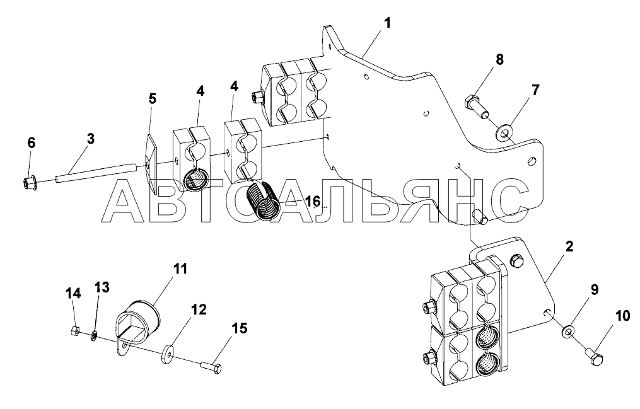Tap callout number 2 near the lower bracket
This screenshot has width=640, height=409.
tap(569, 246)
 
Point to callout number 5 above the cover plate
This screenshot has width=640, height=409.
tap(152, 99)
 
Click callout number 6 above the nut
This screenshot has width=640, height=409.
tap(31, 144)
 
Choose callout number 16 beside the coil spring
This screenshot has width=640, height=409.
tap(313, 201)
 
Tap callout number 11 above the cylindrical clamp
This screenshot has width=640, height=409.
tap(181, 269)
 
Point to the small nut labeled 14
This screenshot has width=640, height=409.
tap(73, 330)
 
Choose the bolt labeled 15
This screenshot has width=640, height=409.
tap(211, 366)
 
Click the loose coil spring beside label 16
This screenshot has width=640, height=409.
tap(264, 201)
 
